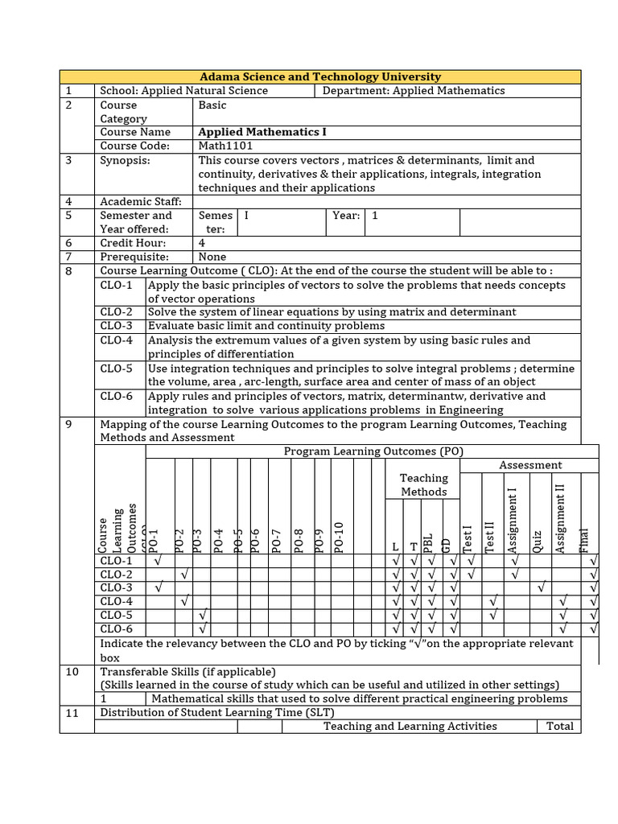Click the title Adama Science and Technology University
click(320, 76)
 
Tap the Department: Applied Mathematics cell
click(414, 91)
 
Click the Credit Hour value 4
click(202, 243)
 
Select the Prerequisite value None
click(212, 257)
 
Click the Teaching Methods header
click(423, 484)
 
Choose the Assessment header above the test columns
click(530, 465)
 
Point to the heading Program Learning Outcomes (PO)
click(374, 451)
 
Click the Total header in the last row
click(559, 726)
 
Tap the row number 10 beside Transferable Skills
click(72, 672)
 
